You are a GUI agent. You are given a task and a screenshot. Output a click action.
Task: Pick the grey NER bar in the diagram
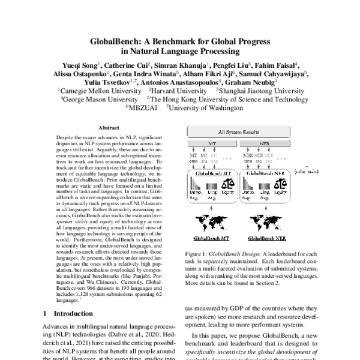tap(262, 146)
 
